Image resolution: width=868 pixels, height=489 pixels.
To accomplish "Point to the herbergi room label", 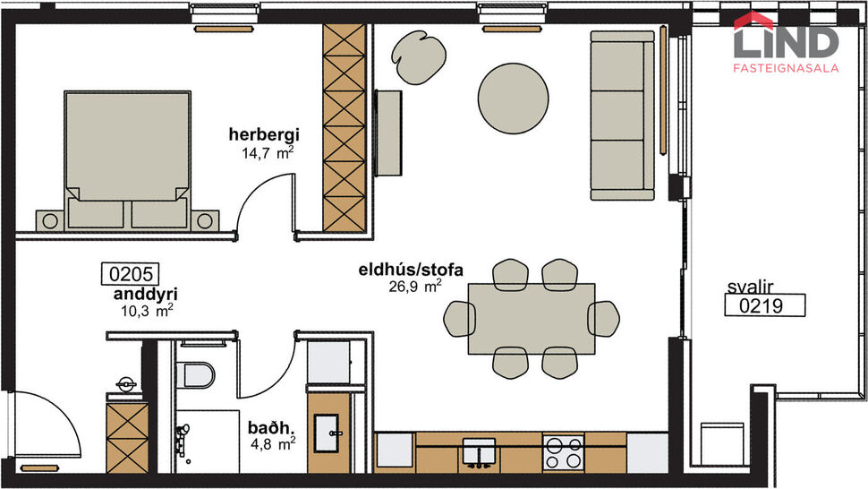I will click(x=262, y=135).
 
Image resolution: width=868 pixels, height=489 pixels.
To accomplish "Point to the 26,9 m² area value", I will click(x=414, y=287).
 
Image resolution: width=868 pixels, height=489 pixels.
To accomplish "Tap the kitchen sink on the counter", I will click(x=481, y=452).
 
